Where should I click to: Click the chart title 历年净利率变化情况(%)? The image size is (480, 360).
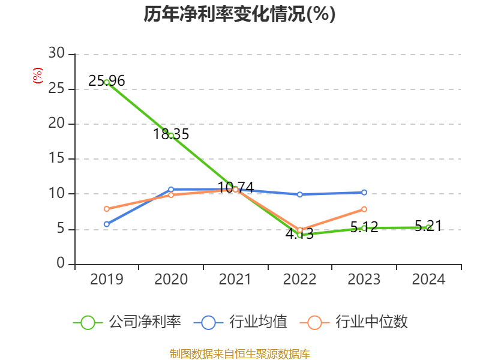coord(239,14)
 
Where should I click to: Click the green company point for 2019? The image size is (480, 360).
coord(107,82)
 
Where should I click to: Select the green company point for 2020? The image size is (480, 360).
coord(171,136)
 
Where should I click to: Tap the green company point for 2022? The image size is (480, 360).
coord(299,235)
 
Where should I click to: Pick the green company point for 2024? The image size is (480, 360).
coord(428,227)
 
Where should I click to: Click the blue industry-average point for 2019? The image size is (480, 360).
coord(107,224)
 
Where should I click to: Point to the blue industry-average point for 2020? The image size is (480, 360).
coord(171,190)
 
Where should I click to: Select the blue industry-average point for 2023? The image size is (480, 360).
coord(364,193)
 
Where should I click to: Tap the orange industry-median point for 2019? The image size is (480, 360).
coord(107,209)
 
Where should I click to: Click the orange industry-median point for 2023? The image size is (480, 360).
coord(364,209)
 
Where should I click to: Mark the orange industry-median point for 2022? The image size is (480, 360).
coord(299,230)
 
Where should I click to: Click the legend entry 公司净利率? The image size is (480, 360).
coord(127,322)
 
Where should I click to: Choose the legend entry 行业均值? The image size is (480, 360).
coord(241,322)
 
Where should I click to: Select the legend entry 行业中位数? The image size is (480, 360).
coord(358,322)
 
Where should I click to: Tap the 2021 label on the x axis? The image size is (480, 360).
coord(235,280)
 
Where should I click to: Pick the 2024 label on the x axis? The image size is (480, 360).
coord(428,280)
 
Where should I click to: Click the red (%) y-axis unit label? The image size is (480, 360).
coord(37,76)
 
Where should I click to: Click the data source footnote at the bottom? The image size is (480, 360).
coord(239,353)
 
